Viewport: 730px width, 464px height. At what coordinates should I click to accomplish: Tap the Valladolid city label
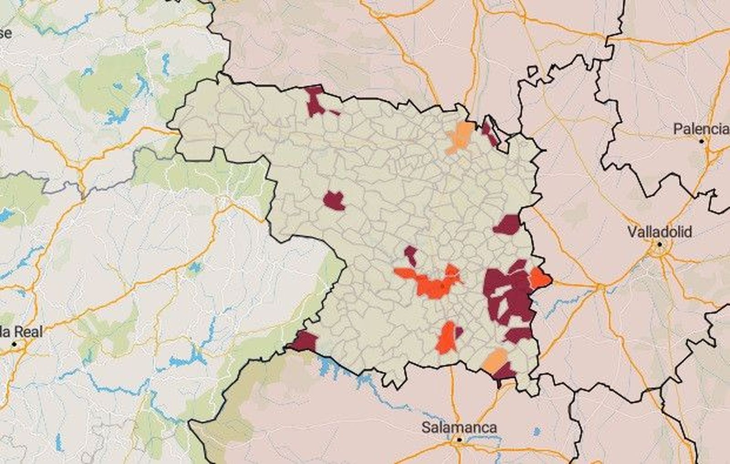(659, 232)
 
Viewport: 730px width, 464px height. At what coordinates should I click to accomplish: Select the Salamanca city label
(459, 428)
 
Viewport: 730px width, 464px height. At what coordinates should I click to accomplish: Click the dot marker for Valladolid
(659, 244)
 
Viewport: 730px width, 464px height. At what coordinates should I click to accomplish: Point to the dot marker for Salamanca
(459, 439)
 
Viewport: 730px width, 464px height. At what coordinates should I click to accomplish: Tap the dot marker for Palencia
(702, 141)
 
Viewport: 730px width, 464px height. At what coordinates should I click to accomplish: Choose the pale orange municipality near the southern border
(495, 360)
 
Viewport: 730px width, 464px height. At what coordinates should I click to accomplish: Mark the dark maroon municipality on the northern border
(315, 101)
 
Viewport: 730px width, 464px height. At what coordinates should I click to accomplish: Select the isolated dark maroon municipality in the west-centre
(334, 201)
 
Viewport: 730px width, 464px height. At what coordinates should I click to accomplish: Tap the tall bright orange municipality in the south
(446, 338)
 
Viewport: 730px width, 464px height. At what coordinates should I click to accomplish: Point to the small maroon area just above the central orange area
(411, 255)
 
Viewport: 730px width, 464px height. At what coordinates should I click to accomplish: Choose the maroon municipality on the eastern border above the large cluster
(507, 225)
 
